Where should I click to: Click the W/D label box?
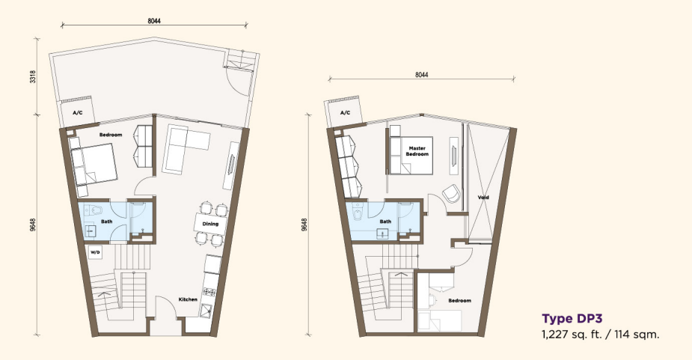(95, 253)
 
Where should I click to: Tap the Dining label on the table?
(210, 224)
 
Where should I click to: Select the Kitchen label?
(188, 299)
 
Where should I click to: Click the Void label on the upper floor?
(483, 198)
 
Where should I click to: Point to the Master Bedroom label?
(417, 151)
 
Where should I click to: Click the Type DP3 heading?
(572, 319)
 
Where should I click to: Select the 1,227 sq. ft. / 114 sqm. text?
(601, 335)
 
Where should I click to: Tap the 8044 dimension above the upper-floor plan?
(421, 75)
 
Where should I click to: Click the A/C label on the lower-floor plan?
(78, 113)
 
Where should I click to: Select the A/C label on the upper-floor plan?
(345, 113)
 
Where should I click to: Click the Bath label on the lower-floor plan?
(106, 222)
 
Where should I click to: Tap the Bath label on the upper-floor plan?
(385, 222)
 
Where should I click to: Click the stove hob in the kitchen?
(209, 292)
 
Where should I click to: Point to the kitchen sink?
(206, 311)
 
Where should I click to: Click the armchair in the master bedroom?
(451, 194)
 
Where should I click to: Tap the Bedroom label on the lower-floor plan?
(110, 135)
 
